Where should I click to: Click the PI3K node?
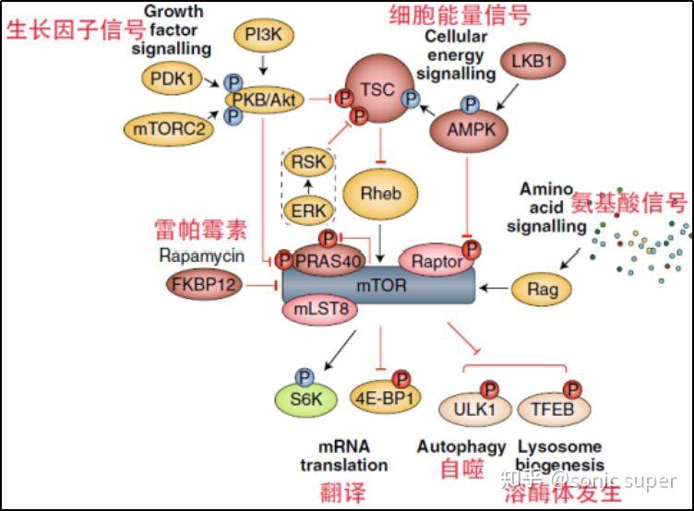[x=265, y=38]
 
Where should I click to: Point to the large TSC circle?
[x=377, y=91]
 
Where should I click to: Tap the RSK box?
[x=309, y=163]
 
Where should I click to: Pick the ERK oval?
[x=309, y=209]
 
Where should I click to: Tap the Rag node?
[x=543, y=289]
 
